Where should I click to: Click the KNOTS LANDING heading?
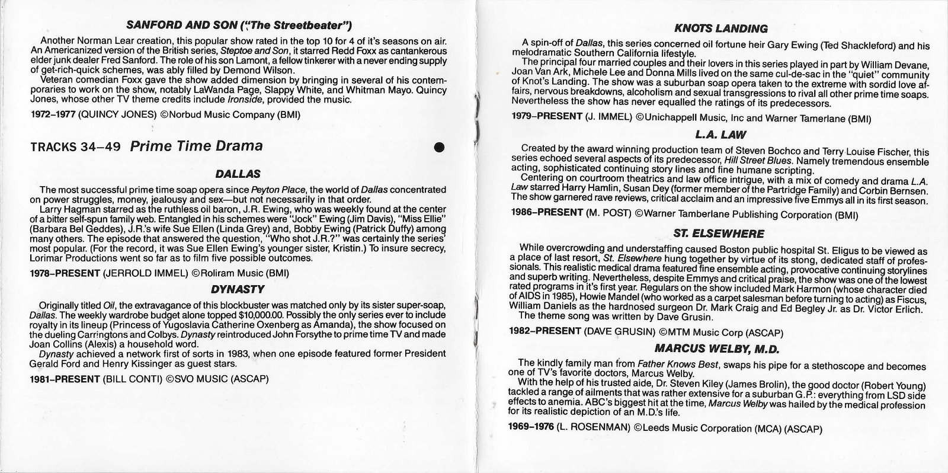721,28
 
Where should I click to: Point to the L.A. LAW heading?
722,135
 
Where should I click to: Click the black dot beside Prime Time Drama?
439,147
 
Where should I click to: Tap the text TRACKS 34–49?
76,146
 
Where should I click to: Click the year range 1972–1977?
54,114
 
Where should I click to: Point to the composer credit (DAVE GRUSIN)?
619,333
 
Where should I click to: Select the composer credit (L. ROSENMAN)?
593,427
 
